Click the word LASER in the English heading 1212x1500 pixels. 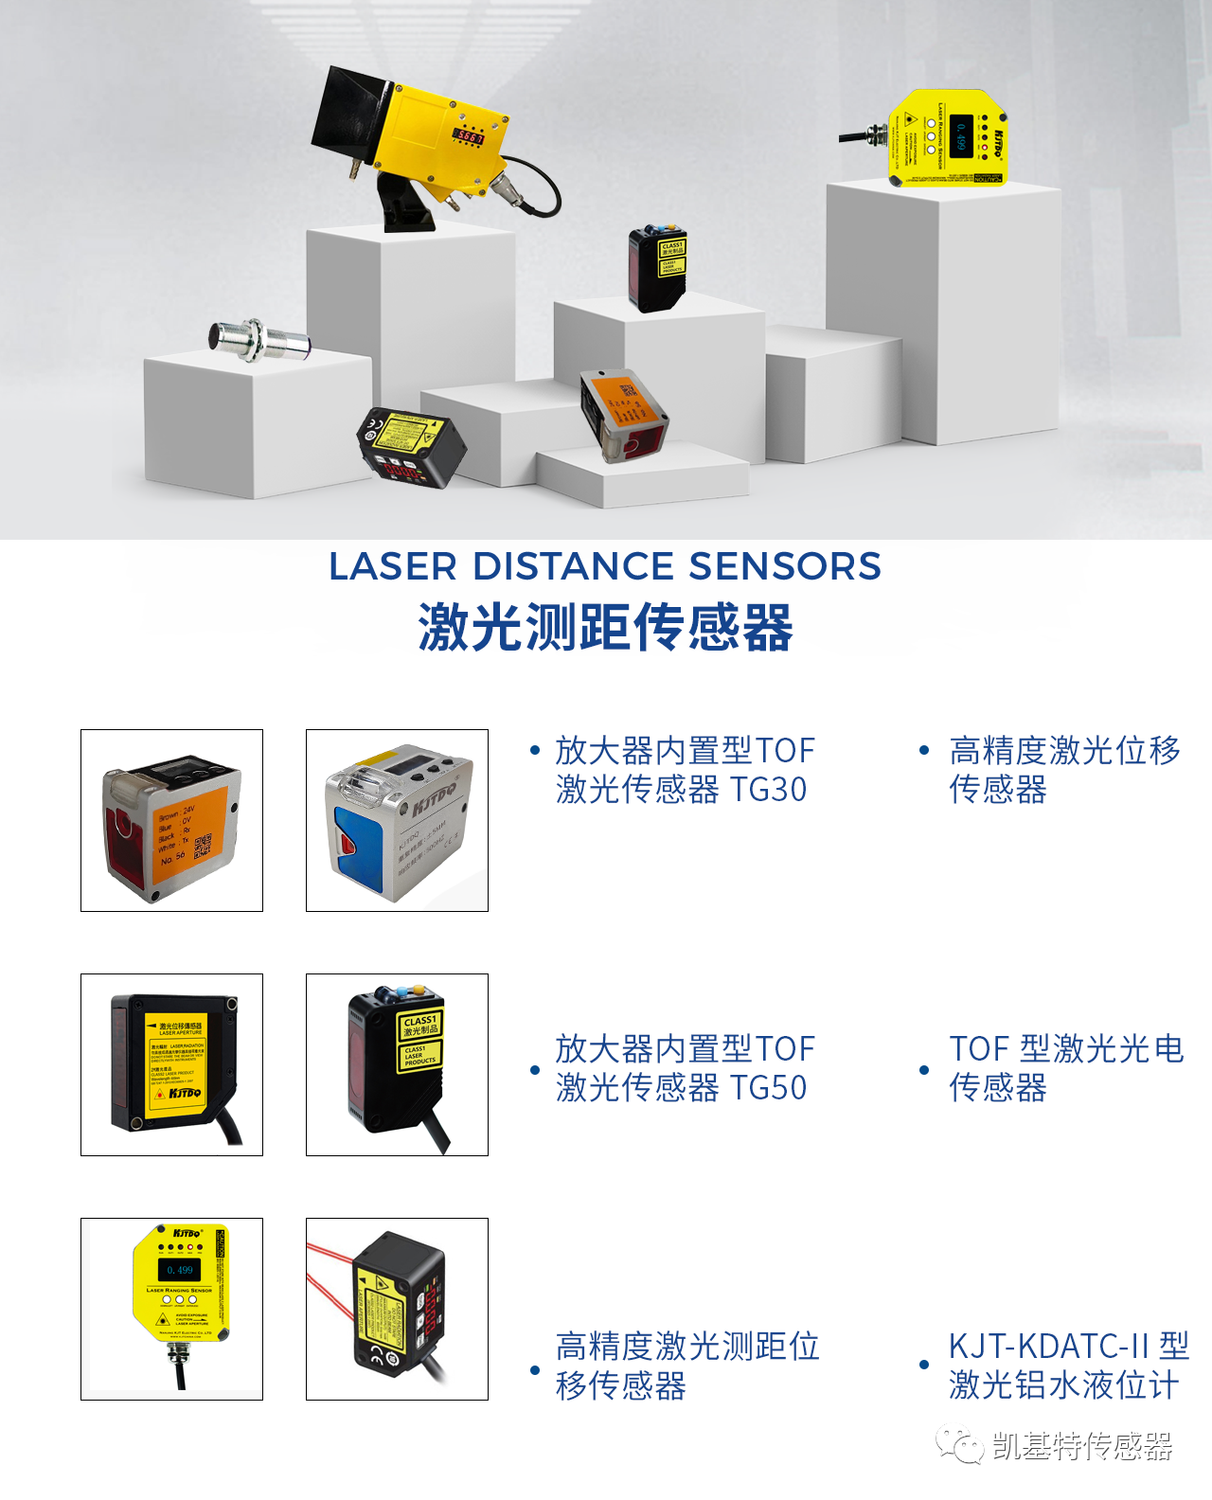coord(393,566)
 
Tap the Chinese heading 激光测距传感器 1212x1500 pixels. coord(605,628)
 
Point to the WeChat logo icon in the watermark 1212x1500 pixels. coord(960,1446)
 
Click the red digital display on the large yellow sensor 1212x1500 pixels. coord(470,136)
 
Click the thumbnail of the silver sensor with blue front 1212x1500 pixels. coord(397,820)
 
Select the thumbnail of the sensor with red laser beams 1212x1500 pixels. coord(397,1309)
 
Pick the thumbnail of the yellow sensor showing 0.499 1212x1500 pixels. coord(171,1309)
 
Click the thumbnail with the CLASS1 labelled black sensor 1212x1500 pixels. coord(397,1064)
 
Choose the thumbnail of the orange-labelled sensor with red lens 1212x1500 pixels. coord(171,820)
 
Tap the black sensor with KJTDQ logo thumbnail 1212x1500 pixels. coord(171,1064)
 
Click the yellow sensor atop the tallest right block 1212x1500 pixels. coord(947,137)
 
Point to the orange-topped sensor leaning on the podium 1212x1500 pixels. coord(623,413)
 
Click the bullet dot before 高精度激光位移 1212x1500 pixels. coord(924,751)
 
